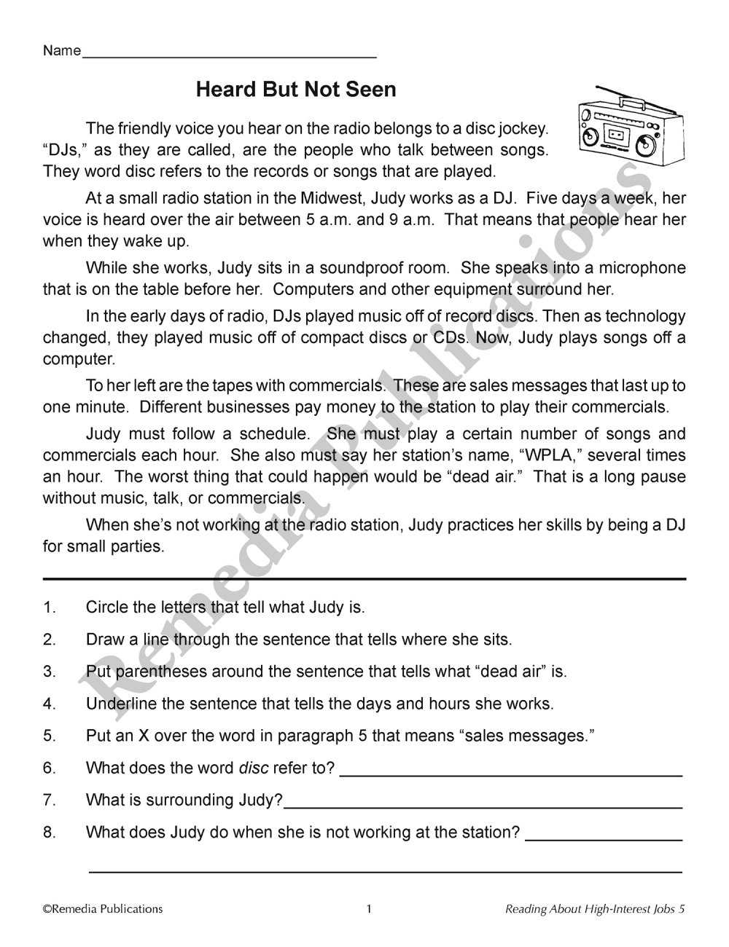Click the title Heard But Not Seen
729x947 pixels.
[296, 90]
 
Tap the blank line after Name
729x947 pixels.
[230, 55]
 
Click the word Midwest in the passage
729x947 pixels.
[338, 198]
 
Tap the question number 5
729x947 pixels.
[49, 736]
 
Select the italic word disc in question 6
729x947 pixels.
[252, 768]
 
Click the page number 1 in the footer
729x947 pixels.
[369, 908]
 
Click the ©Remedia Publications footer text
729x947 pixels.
[103, 908]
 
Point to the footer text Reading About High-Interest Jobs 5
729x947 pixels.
[595, 908]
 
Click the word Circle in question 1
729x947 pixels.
[106, 607]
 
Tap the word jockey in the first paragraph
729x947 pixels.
[522, 130]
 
